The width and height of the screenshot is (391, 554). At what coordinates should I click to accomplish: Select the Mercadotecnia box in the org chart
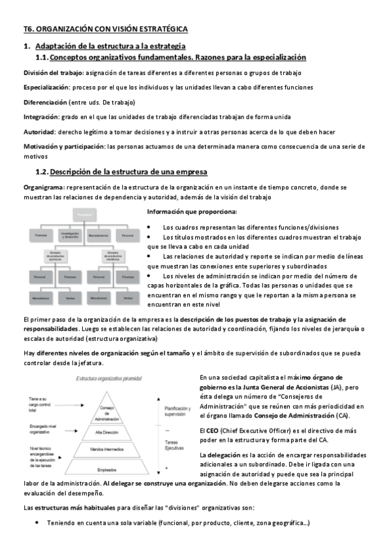pyautogui.click(x=98, y=233)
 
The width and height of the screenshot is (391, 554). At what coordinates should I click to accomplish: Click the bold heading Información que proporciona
pyautogui.click(x=192, y=212)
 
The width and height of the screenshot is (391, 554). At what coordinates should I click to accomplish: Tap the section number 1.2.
pyautogui.click(x=41, y=172)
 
